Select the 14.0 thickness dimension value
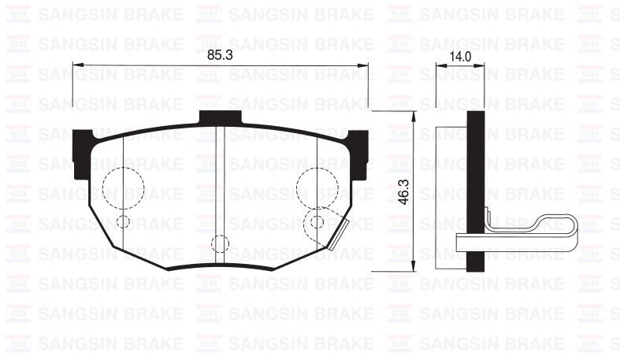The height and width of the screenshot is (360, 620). (x=459, y=56)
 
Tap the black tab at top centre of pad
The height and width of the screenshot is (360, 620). (x=220, y=117)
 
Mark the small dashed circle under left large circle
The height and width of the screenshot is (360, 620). (x=123, y=221)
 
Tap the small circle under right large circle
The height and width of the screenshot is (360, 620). (x=317, y=221)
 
